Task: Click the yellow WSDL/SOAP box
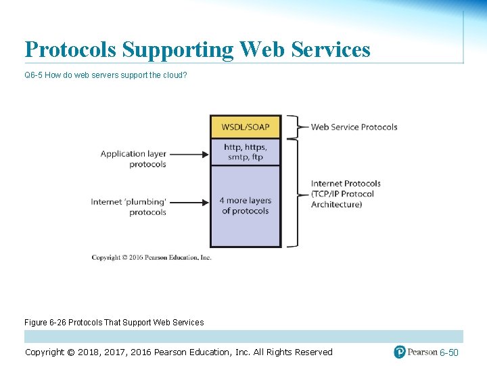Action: coord(245,127)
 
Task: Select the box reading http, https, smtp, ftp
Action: coord(245,152)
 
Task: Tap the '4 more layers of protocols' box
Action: coord(245,205)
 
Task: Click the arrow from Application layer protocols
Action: coord(189,154)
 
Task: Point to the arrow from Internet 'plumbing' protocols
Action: coord(189,201)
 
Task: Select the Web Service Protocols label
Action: coord(354,127)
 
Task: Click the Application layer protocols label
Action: coord(133,159)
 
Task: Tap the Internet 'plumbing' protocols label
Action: coord(129,206)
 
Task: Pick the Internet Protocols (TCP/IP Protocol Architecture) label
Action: coord(346,194)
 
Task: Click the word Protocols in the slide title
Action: coord(74,49)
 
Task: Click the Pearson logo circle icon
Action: coord(400,352)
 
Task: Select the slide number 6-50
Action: coord(448,352)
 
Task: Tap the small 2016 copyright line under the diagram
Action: coord(152,258)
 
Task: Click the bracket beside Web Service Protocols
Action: coord(294,127)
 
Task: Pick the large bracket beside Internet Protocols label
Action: coord(294,192)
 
